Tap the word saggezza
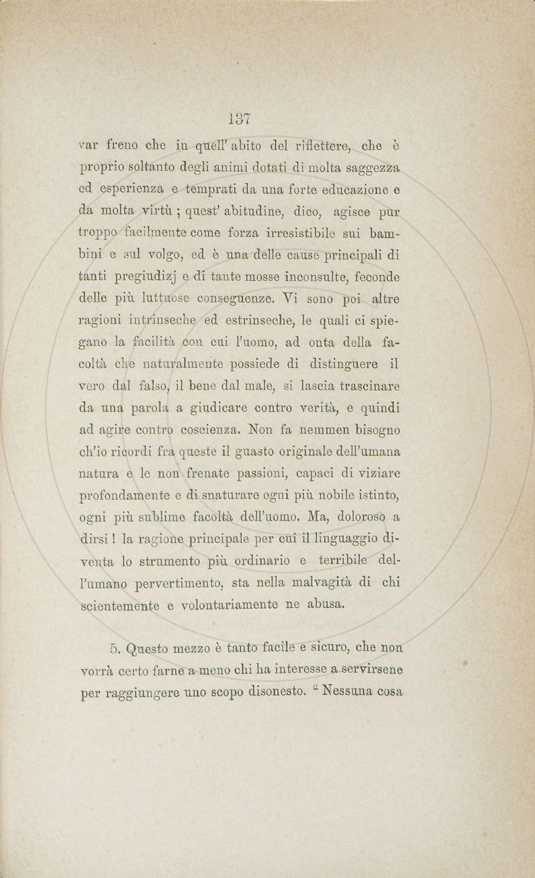[x=370, y=166]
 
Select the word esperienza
[x=130, y=190]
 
